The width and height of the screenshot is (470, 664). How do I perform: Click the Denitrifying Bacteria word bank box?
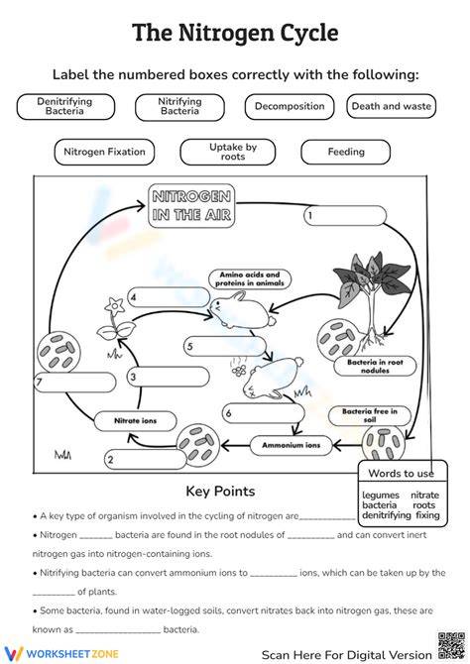[65, 107]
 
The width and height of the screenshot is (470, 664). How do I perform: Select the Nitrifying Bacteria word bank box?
[179, 107]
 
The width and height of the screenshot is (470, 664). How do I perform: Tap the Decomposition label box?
[290, 107]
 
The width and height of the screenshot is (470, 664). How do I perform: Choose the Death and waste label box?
[392, 106]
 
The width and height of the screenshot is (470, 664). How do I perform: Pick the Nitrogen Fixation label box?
[104, 152]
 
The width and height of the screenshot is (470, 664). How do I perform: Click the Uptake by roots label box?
[228, 152]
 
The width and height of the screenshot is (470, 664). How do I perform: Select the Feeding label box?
[345, 152]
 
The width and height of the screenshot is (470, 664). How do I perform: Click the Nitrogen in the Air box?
[191, 206]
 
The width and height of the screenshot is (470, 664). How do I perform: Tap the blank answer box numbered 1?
[345, 215]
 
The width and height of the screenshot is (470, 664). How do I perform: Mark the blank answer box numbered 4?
[169, 297]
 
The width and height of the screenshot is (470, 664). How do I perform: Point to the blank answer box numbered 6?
[264, 413]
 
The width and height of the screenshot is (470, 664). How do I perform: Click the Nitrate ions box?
[135, 421]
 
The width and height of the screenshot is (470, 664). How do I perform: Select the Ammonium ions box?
[292, 446]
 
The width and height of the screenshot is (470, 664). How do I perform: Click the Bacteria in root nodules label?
[375, 367]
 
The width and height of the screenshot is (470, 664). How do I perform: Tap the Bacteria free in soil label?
[370, 415]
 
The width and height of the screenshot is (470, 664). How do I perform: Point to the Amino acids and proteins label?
[250, 279]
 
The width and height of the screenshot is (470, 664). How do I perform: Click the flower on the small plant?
[114, 305]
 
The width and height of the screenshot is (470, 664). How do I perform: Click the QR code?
[451, 646]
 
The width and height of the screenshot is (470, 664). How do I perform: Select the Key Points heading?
[220, 492]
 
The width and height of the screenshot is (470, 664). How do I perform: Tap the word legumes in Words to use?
[381, 496]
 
